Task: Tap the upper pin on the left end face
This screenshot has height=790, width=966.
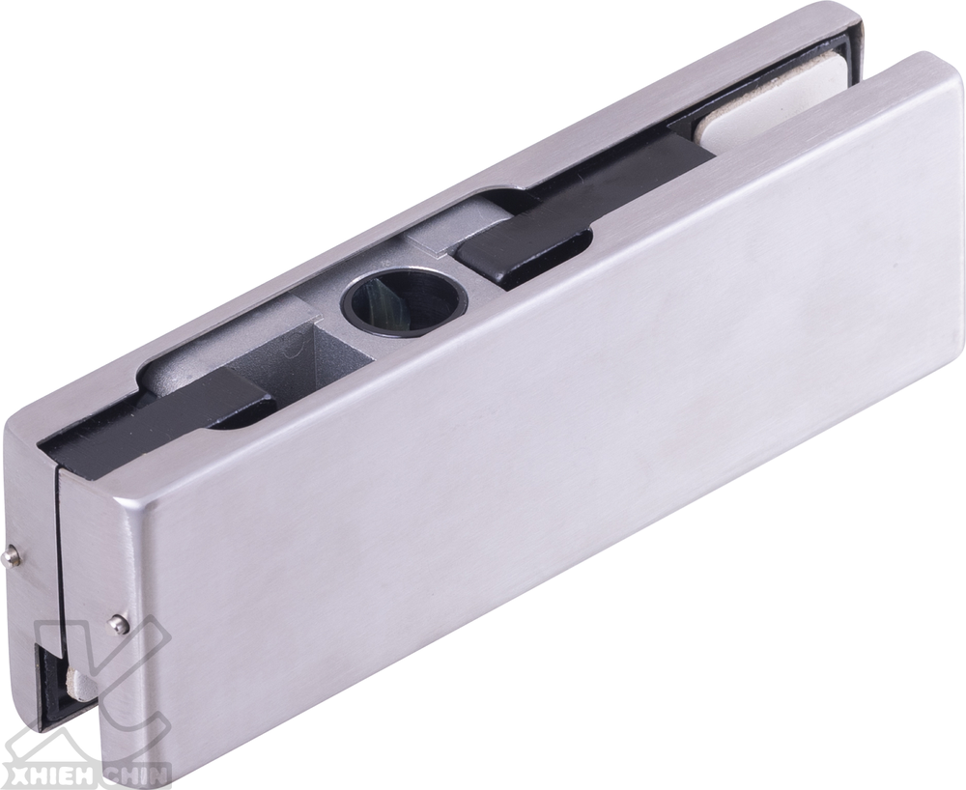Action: point(12,555)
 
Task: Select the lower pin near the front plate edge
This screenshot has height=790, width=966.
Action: point(118,624)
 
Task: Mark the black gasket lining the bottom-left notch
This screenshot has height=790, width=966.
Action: point(46,676)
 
